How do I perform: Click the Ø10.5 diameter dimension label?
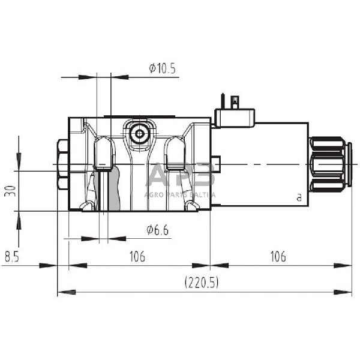point(162,68)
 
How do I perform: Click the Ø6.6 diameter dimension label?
point(158,229)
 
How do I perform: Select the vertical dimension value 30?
point(8,191)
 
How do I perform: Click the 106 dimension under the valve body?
point(137,257)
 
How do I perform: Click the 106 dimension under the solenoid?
point(277,257)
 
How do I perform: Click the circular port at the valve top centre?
point(139,133)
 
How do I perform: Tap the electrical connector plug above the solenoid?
point(235,116)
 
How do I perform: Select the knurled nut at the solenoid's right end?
point(328,164)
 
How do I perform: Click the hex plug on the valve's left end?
point(62,164)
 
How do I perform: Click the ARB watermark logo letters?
point(180,176)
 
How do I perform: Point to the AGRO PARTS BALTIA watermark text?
point(180,194)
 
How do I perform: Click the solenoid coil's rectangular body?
point(259,164)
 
